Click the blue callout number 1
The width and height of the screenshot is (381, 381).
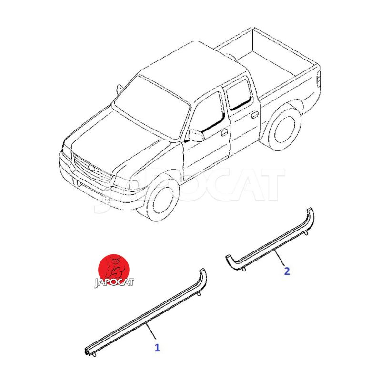click(x=157, y=348)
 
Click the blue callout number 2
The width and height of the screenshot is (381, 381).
click(x=287, y=271)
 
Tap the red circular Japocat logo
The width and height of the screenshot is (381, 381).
click(x=114, y=270)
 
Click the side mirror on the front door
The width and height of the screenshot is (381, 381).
click(x=196, y=135)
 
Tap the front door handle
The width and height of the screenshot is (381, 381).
click(x=224, y=133)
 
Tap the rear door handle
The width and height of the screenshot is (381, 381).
click(x=255, y=114)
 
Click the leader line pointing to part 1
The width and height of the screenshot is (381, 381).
click(x=150, y=331)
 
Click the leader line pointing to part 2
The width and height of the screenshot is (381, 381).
click(x=279, y=258)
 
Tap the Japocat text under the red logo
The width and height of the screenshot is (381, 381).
click(x=114, y=283)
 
